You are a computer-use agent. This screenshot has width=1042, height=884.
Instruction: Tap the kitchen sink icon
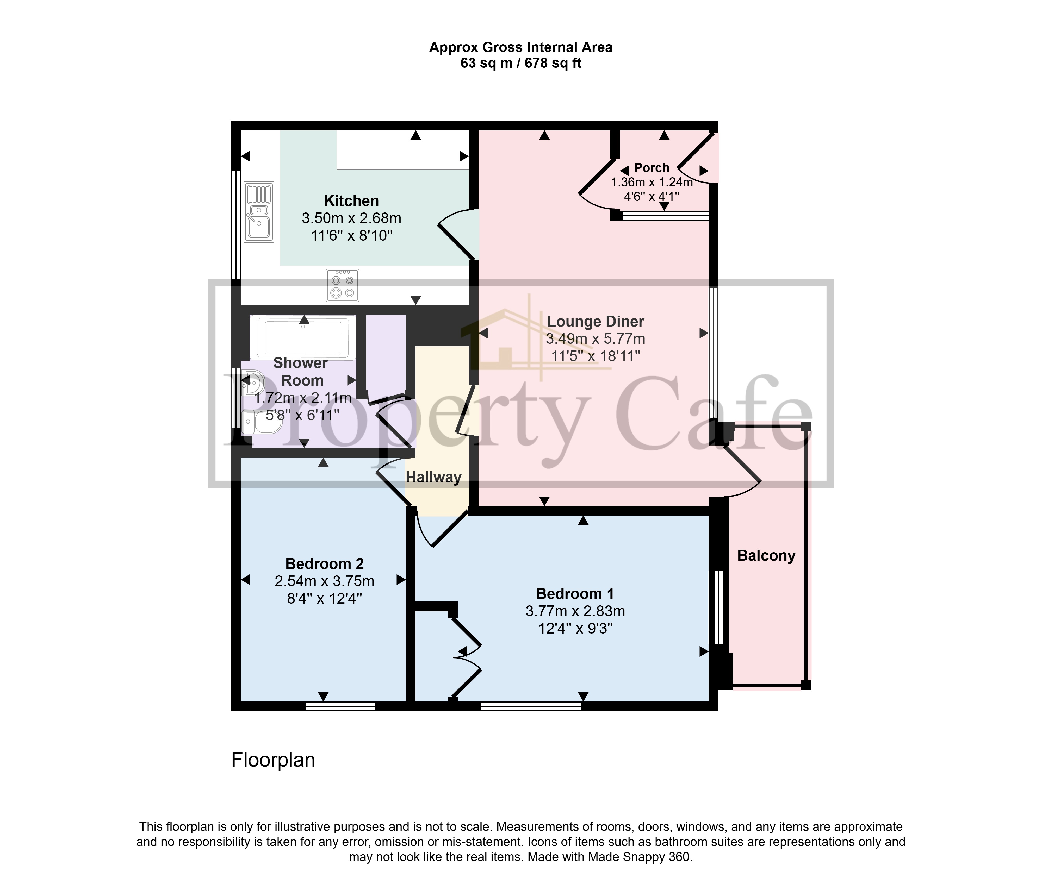click(x=259, y=212)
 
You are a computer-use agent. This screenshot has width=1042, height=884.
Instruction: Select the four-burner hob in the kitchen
click(x=343, y=285)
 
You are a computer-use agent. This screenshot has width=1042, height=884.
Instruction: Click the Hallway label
click(x=433, y=477)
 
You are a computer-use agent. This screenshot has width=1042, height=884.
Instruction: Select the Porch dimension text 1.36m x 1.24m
click(x=651, y=183)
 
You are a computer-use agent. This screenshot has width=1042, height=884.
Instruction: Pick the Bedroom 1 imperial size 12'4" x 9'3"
click(x=575, y=628)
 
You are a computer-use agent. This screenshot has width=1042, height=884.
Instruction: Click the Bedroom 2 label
click(x=324, y=564)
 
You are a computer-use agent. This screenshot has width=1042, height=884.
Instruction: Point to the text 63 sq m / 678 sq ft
click(x=520, y=63)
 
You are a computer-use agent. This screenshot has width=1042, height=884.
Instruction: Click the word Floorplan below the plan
click(x=273, y=760)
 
